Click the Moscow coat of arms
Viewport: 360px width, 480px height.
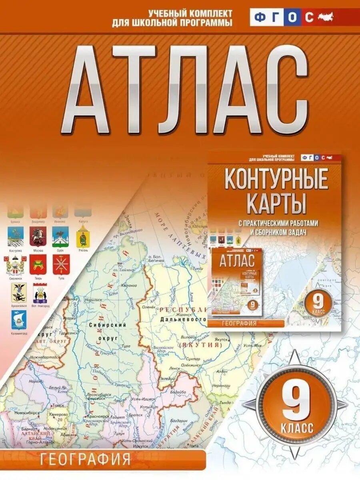coord(38,237)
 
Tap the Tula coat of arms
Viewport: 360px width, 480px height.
coord(61,264)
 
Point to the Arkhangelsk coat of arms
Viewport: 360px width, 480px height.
coord(18,292)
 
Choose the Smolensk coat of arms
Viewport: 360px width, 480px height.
coord(16,264)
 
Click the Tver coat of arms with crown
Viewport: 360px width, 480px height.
coord(38,264)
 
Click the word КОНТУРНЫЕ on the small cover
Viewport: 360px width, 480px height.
coord(276,180)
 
